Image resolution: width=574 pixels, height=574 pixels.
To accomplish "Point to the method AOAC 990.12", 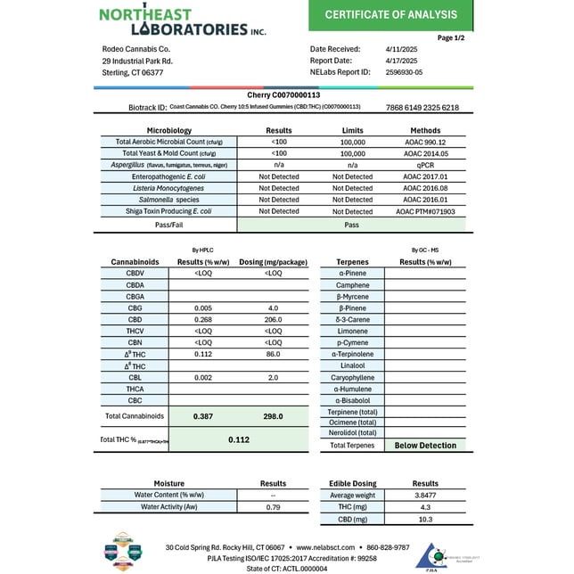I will [x=424, y=142].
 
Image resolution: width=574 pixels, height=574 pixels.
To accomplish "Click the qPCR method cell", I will [x=424, y=165].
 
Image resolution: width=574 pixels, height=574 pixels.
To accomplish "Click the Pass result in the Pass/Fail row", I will [x=352, y=226].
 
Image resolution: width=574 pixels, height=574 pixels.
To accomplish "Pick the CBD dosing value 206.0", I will [x=273, y=319].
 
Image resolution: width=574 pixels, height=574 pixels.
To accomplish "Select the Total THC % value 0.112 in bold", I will [x=238, y=439].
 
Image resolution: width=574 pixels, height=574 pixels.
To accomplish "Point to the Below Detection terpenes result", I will [x=425, y=446].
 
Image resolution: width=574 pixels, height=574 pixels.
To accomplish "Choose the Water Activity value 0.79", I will [x=273, y=506].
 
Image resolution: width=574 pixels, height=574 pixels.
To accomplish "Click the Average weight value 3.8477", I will [x=425, y=495].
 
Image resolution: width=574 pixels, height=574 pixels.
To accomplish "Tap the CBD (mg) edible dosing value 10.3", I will [x=425, y=518].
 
